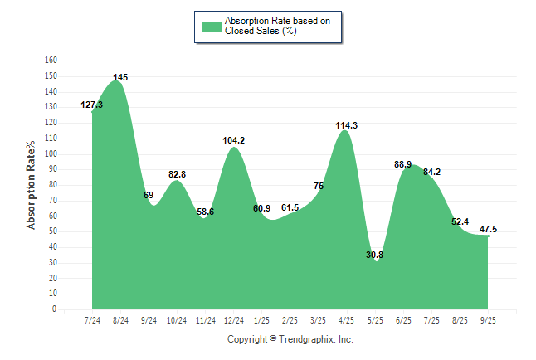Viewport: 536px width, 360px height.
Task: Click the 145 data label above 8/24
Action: [120, 77]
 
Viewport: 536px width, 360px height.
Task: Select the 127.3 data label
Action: [92, 105]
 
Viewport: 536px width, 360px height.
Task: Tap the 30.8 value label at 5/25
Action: [375, 255]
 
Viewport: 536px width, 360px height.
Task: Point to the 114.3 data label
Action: [347, 125]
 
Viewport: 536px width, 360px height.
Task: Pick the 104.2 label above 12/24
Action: [233, 140]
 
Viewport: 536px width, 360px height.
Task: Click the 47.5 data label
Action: [489, 229]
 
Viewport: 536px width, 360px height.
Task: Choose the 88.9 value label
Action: [403, 164]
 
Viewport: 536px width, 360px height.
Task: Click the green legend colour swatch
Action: [212, 26]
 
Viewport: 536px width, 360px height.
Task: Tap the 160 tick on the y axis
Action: [51, 61]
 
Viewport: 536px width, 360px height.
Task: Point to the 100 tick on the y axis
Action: [51, 153]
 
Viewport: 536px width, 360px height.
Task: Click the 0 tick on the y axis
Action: [54, 309]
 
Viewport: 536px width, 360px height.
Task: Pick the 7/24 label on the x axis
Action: [92, 320]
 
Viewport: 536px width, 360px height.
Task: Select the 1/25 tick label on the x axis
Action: [261, 320]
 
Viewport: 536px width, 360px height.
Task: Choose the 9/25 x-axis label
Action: [488, 320]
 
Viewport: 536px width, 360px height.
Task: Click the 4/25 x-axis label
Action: [347, 320]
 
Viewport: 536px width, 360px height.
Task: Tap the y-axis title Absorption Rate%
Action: [32, 185]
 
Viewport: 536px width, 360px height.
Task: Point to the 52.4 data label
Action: [460, 221]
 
